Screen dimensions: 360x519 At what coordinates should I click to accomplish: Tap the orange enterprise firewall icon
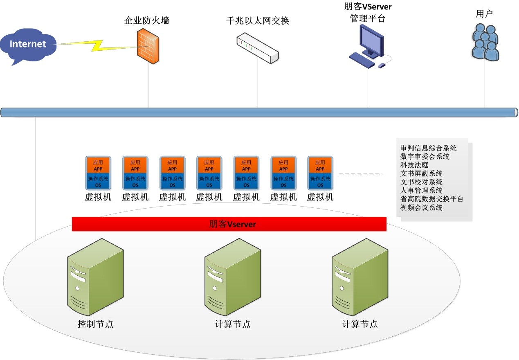(x=148, y=48)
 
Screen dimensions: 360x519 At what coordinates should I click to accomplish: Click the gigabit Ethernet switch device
(x=258, y=49)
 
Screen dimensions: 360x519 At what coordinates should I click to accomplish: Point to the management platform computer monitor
(x=371, y=40)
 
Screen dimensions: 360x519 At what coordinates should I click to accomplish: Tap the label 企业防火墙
(x=147, y=20)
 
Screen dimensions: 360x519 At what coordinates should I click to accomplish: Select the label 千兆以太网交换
(x=258, y=20)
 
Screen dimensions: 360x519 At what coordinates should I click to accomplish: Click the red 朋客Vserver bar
(x=229, y=224)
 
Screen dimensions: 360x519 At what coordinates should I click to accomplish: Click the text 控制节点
(x=95, y=324)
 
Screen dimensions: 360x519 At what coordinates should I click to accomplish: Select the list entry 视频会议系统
(x=422, y=207)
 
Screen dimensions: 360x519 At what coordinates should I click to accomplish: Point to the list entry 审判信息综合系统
(x=429, y=148)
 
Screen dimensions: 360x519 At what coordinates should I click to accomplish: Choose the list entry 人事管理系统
(x=422, y=190)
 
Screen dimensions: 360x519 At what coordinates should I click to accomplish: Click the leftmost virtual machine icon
(x=98, y=173)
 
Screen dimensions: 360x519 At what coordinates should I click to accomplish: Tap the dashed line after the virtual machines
(x=360, y=174)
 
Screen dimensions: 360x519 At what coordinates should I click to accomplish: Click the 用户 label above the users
(x=484, y=13)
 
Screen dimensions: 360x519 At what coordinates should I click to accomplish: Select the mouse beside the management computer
(x=382, y=65)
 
